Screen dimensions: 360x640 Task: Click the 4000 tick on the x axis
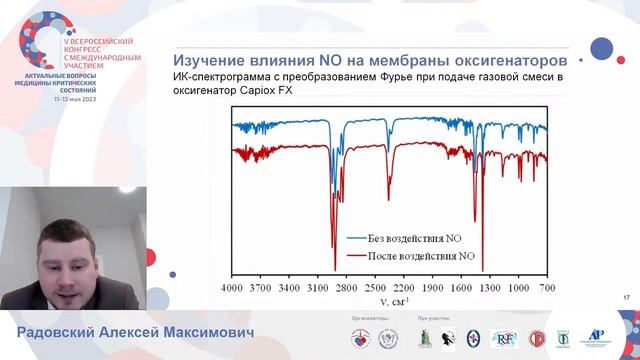tap(232, 287)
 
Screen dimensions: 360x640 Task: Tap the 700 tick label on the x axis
tap(547, 287)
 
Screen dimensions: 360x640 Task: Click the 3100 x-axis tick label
tap(318, 287)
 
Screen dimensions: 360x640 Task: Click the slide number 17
tap(626, 297)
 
